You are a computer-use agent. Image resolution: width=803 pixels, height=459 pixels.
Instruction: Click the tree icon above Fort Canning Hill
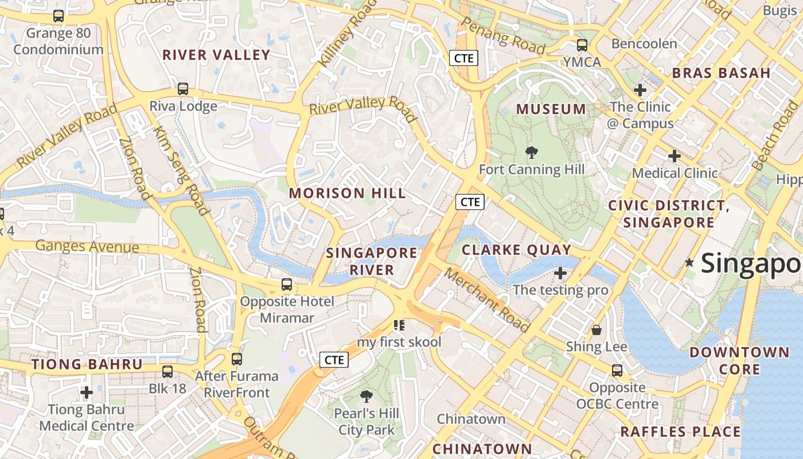(x=532, y=153)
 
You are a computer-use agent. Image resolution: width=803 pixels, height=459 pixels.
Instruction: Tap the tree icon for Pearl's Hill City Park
(x=367, y=396)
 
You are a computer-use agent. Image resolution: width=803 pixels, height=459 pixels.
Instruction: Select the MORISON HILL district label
(x=347, y=193)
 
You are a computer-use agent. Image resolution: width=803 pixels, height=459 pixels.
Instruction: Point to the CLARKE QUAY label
(x=516, y=250)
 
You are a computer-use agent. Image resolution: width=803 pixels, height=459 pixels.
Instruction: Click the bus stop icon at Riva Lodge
(x=183, y=89)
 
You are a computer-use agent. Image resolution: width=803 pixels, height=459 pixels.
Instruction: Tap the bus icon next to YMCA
(x=582, y=45)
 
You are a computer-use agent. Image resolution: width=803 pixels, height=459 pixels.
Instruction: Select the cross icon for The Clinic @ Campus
(x=640, y=90)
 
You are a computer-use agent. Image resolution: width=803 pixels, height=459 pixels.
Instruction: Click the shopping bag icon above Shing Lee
(x=597, y=330)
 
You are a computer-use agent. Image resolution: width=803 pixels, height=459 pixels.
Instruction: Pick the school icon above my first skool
(x=399, y=326)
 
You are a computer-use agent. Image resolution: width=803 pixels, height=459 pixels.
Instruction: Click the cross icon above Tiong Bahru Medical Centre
(x=87, y=392)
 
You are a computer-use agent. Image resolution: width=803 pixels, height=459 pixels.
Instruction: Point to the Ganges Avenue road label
(x=87, y=247)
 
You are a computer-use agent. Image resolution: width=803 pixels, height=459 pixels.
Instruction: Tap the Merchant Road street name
(x=487, y=300)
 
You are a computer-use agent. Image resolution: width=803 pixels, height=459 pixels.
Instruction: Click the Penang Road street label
(x=503, y=36)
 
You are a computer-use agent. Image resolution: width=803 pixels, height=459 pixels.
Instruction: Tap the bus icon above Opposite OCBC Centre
(x=617, y=371)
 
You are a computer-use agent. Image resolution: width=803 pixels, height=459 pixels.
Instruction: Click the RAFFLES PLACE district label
(x=680, y=431)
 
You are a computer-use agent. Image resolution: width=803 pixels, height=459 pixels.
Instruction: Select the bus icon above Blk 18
(x=167, y=372)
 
